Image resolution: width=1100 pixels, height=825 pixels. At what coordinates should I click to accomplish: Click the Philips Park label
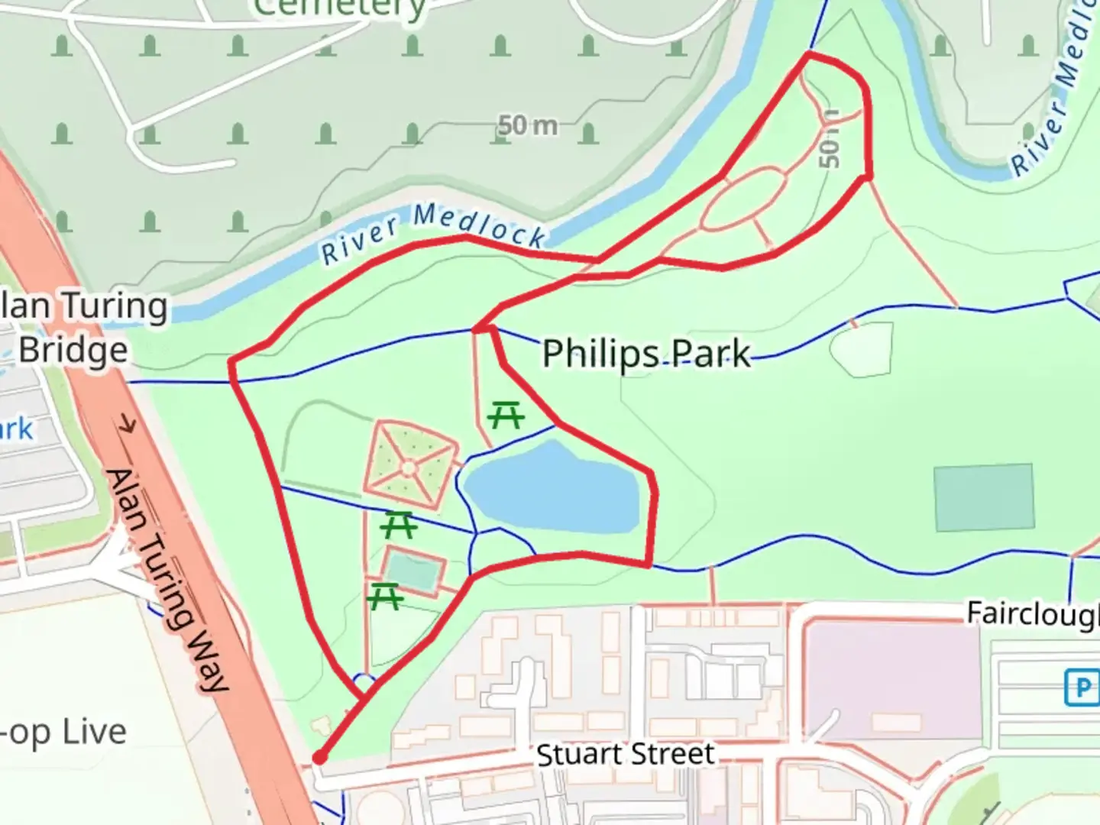click(646, 354)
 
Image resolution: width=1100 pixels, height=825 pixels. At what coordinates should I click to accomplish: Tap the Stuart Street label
click(625, 755)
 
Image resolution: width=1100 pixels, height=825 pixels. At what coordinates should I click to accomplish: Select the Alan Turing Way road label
click(167, 581)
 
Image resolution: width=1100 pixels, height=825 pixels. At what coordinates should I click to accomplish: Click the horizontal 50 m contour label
click(527, 125)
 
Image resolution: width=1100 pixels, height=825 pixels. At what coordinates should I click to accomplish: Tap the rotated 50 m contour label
click(829, 139)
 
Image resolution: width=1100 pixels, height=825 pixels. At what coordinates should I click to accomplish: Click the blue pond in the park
click(550, 489)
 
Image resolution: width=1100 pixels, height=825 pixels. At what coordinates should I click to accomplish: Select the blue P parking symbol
click(1082, 687)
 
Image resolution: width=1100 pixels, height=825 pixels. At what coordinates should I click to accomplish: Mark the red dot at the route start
click(319, 758)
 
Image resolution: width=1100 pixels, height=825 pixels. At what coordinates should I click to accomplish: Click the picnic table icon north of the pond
click(506, 415)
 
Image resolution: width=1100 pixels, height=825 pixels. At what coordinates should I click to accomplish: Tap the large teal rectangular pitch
click(984, 497)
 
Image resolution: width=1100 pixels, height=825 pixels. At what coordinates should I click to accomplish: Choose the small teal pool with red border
click(414, 571)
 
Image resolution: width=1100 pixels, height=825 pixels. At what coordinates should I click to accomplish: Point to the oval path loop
click(742, 200)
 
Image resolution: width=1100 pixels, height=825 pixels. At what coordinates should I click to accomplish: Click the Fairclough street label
click(1032, 613)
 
